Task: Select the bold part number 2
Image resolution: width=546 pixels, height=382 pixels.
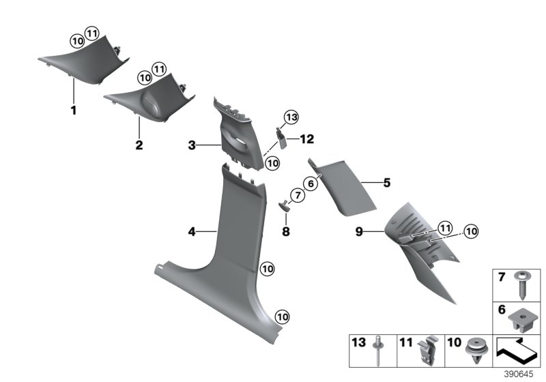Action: tap(139, 145)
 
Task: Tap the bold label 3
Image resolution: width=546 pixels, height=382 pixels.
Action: tap(192, 145)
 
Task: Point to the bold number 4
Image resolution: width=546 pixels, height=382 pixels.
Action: tap(192, 233)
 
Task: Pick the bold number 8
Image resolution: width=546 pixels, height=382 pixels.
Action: tap(286, 232)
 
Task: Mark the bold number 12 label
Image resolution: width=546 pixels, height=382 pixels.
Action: tap(307, 139)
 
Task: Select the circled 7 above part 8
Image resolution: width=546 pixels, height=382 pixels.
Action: tap(296, 196)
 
